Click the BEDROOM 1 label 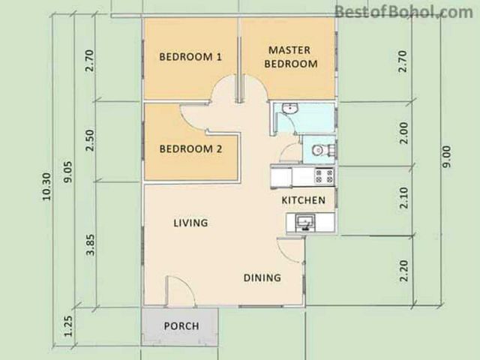coord(190,57)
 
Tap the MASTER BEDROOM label coord(291,57)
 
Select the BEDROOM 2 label coord(190,149)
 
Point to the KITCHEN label coord(303,200)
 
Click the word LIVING coord(190,223)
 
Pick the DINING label coord(262,278)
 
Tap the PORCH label coord(181,326)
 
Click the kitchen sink coord(305,222)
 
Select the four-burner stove coord(324,176)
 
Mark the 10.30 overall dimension coord(46,187)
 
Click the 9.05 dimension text coord(68,172)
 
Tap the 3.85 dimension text coord(91,245)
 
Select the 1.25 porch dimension coord(68,326)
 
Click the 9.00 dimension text coord(447,157)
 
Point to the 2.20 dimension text coord(404,271)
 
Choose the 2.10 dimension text coord(404,198)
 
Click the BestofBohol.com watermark coord(403,12)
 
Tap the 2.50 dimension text coord(90,140)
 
